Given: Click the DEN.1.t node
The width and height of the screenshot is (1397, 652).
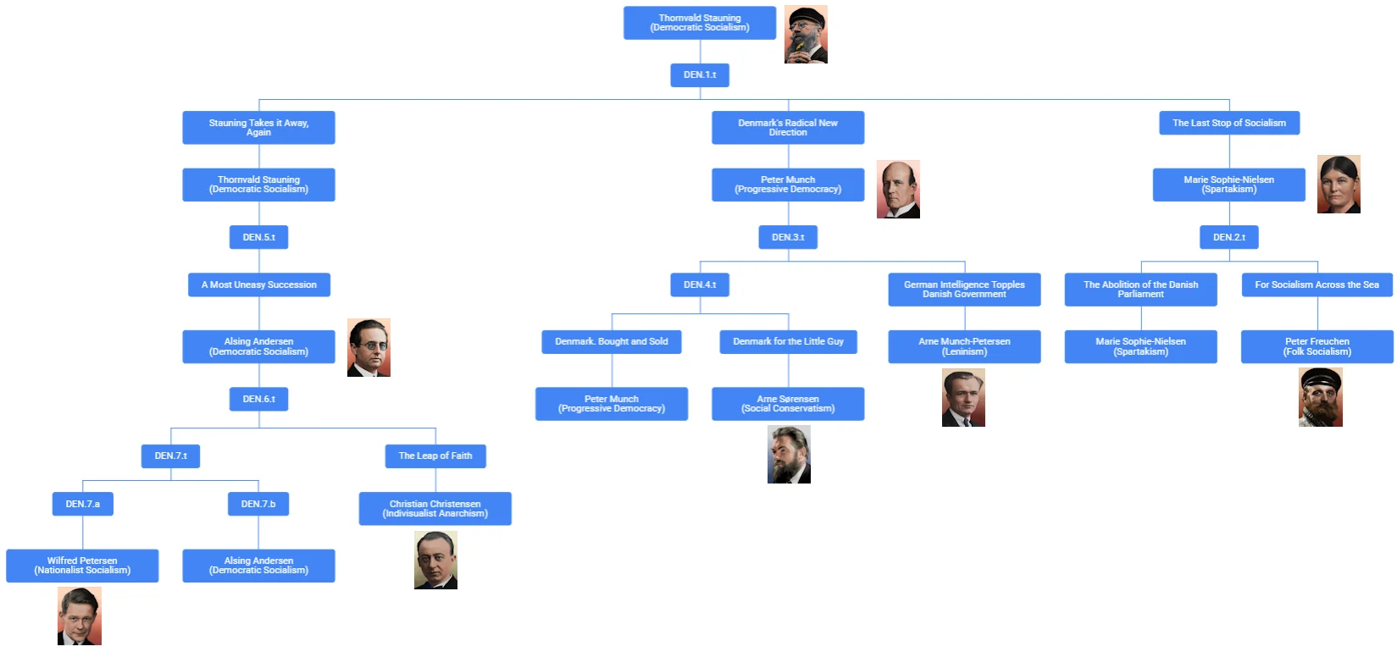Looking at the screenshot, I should click(x=700, y=75).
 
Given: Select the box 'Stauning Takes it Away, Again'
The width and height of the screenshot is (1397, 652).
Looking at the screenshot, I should click(x=258, y=127).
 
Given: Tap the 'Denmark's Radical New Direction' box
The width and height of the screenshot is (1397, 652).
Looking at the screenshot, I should click(x=788, y=127).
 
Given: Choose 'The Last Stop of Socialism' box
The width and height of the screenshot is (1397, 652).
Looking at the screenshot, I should click(x=1228, y=123).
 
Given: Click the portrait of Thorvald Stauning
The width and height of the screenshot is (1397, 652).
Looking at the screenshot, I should click(x=806, y=35).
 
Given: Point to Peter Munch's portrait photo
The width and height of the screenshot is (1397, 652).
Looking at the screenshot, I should click(x=898, y=189).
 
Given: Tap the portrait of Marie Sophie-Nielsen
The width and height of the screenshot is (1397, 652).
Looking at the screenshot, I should click(x=1339, y=184).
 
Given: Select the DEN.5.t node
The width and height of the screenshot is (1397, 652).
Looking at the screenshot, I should click(x=258, y=237).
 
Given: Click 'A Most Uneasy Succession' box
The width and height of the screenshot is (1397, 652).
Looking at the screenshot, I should click(x=258, y=285).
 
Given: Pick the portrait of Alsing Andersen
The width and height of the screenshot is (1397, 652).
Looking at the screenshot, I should click(x=369, y=347).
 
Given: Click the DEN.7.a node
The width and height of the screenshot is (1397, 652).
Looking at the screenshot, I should click(x=82, y=504).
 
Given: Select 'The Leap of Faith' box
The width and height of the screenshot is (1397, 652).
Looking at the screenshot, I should click(x=435, y=456).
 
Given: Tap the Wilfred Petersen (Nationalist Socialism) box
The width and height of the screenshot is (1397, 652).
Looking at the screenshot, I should click(x=82, y=566).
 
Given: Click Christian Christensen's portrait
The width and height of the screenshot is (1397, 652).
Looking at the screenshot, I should click(x=435, y=560).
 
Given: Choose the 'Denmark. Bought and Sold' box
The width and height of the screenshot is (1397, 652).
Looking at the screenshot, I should click(x=611, y=341).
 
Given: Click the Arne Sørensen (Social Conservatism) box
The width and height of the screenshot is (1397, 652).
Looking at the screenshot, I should click(x=788, y=403).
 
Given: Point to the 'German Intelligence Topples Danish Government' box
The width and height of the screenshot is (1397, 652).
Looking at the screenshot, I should click(x=964, y=289).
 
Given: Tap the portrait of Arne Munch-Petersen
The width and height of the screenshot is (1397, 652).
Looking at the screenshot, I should click(x=963, y=397).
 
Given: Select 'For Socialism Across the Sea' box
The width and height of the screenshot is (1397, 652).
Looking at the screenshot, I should click(x=1317, y=285).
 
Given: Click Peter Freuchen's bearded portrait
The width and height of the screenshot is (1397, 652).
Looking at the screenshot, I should click(x=1320, y=396).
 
